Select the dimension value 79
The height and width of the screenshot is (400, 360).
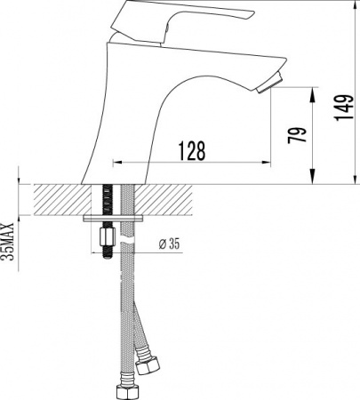tap(300, 135)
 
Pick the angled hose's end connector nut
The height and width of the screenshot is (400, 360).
tap(149, 364)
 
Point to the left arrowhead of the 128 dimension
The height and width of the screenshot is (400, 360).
tap(115, 163)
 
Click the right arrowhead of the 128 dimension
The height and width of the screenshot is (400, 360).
tap(268, 163)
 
